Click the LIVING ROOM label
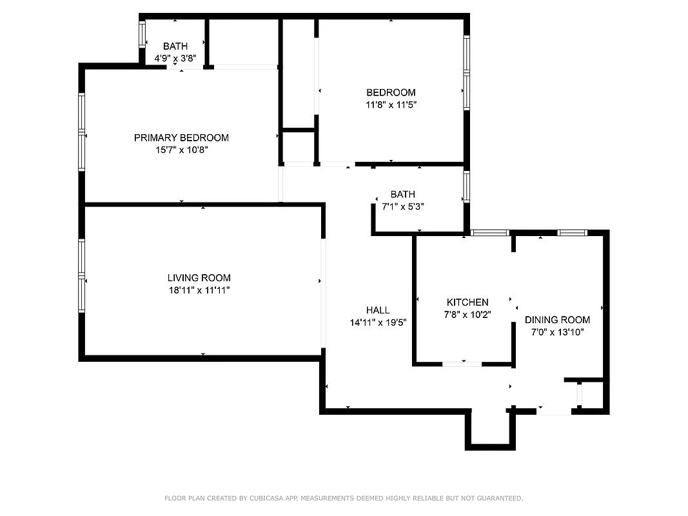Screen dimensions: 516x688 tap(199, 278)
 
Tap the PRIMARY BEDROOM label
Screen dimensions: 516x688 tap(181, 137)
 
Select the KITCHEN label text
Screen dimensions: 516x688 tap(467, 302)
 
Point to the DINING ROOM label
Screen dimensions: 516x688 tap(557, 320)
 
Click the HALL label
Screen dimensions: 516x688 tap(378, 310)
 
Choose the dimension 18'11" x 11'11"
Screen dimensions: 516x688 tap(199, 290)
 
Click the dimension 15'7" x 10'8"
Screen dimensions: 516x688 tap(181, 150)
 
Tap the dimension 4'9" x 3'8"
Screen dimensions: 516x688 tap(175, 58)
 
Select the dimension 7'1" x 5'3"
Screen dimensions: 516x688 tap(403, 206)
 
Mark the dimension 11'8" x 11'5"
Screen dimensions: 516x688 tap(391, 104)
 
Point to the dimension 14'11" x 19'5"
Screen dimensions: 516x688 tap(378, 322)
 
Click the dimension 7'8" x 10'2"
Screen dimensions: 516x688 tap(467, 314)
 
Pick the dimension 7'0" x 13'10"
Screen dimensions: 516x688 tap(557, 332)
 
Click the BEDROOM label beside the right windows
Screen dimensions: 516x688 tap(391, 92)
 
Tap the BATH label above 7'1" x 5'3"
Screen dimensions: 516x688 tap(403, 194)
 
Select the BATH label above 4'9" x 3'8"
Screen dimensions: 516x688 tap(175, 46)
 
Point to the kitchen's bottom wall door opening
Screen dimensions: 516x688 tap(462, 364)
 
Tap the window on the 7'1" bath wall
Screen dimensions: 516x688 tap(466, 186)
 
